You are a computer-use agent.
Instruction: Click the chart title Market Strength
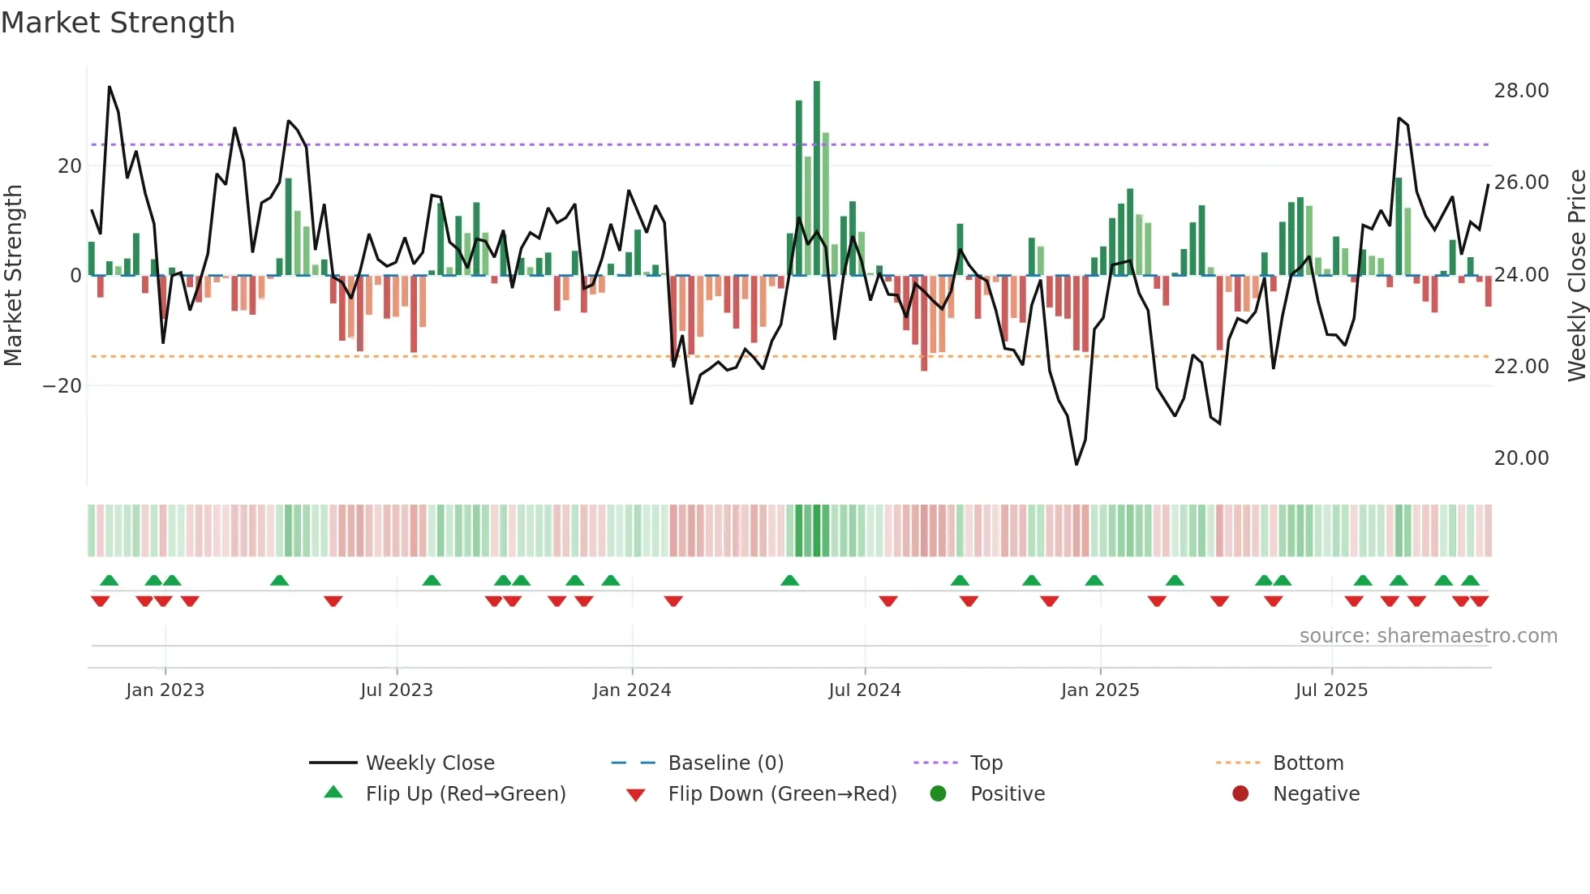click(x=118, y=23)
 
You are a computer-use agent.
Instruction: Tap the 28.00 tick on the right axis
click(x=1521, y=91)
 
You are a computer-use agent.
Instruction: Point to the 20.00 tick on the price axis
click(x=1521, y=458)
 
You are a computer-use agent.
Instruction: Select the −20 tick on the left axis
click(x=62, y=386)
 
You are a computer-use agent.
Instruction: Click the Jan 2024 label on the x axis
click(x=631, y=690)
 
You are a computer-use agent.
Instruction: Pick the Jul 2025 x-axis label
click(x=1331, y=690)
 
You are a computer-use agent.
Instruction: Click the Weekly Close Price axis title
click(x=1576, y=275)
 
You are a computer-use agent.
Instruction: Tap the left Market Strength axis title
click(x=13, y=275)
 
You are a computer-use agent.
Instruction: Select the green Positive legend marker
click(x=939, y=794)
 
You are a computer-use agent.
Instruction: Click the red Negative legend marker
click(x=1240, y=794)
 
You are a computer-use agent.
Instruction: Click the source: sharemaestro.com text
click(x=1428, y=636)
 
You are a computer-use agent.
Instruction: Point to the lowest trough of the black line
click(x=1076, y=464)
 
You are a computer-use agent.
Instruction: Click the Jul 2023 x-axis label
click(x=396, y=690)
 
